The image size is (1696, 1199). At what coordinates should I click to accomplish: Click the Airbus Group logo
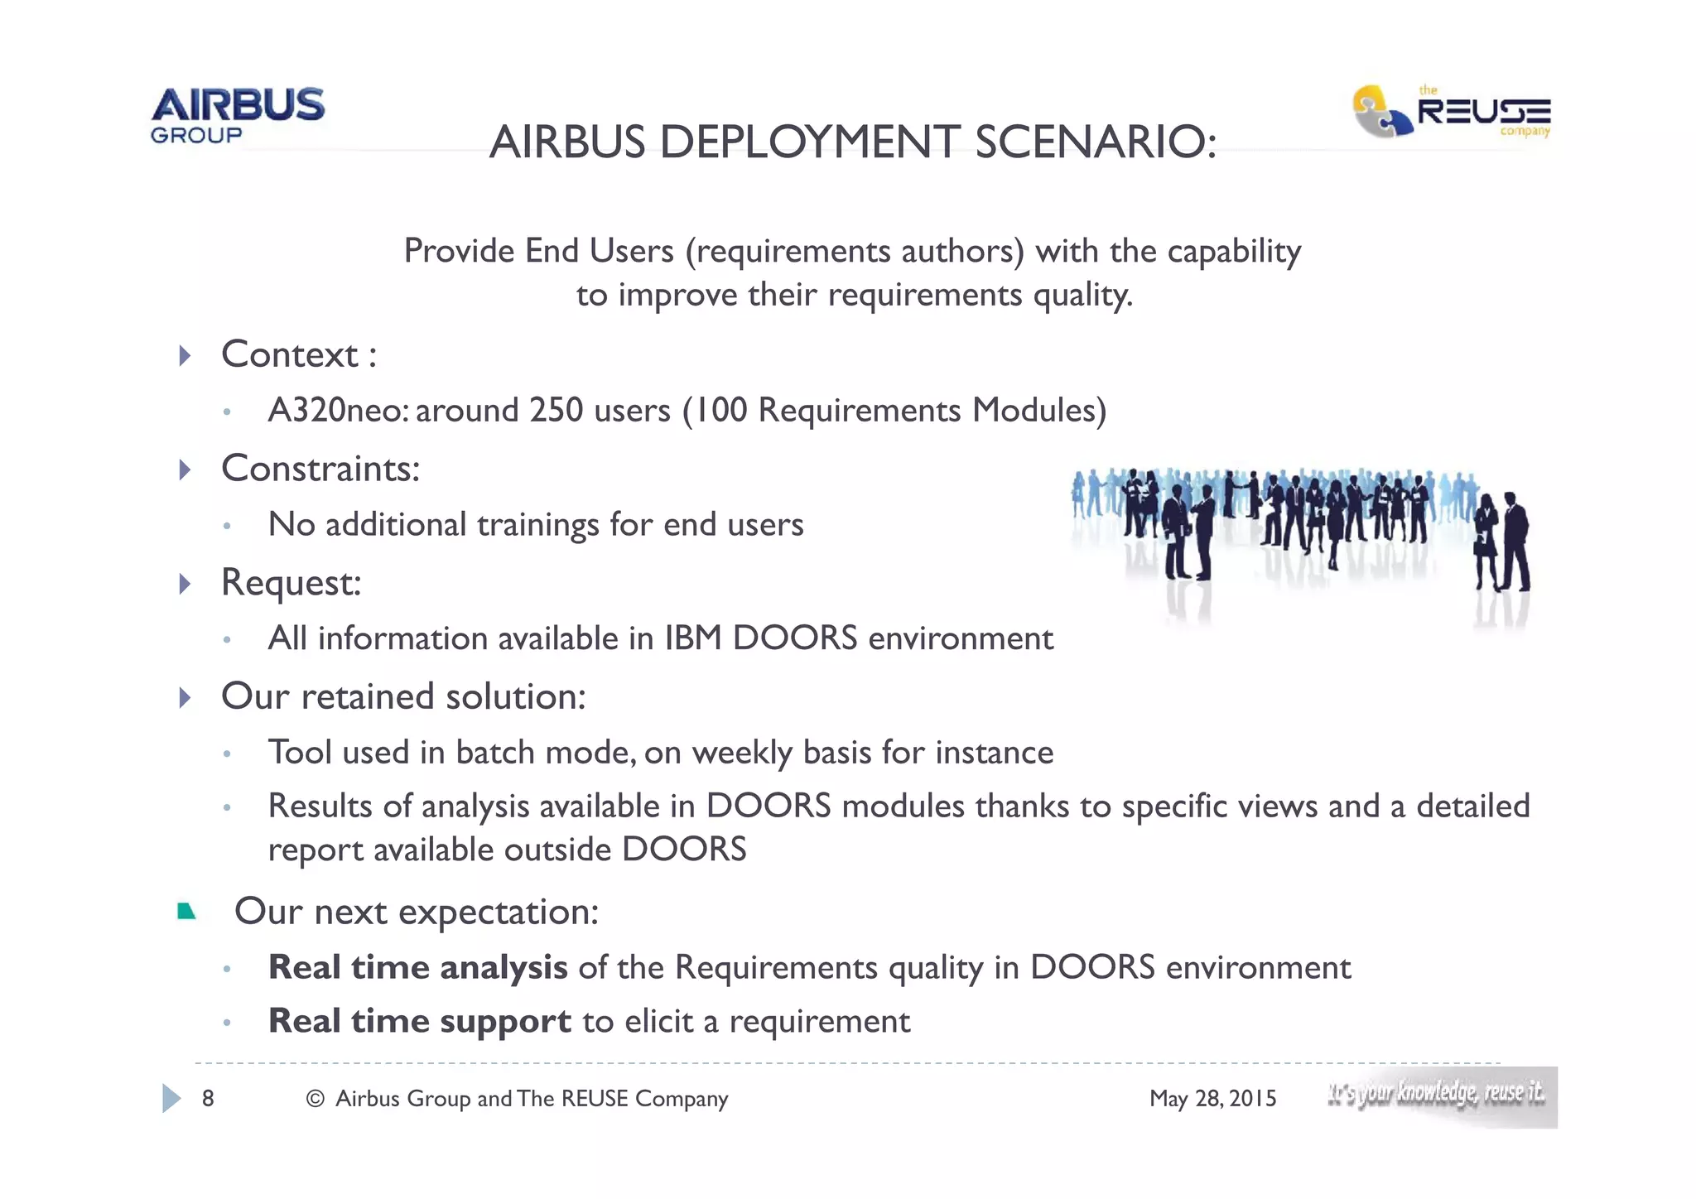click(238, 115)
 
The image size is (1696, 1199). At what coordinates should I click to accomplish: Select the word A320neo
click(338, 410)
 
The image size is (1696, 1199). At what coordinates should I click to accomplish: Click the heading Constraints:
click(320, 469)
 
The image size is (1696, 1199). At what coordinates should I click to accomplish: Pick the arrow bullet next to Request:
click(185, 584)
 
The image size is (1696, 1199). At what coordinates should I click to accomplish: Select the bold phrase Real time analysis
click(417, 967)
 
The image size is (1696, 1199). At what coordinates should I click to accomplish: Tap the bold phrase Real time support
click(419, 1021)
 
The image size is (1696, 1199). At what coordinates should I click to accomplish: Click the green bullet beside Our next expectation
click(186, 912)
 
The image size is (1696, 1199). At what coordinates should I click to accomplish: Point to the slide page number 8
click(208, 1099)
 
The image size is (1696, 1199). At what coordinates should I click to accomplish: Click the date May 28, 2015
click(1212, 1099)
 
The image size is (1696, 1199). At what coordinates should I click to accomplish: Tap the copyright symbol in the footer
click(315, 1099)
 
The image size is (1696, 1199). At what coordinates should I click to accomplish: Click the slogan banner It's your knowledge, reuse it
click(1441, 1096)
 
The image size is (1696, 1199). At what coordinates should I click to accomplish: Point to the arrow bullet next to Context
click(185, 355)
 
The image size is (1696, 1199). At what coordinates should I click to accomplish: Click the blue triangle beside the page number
click(171, 1098)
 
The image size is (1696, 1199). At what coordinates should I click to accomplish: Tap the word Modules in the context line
click(1038, 410)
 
